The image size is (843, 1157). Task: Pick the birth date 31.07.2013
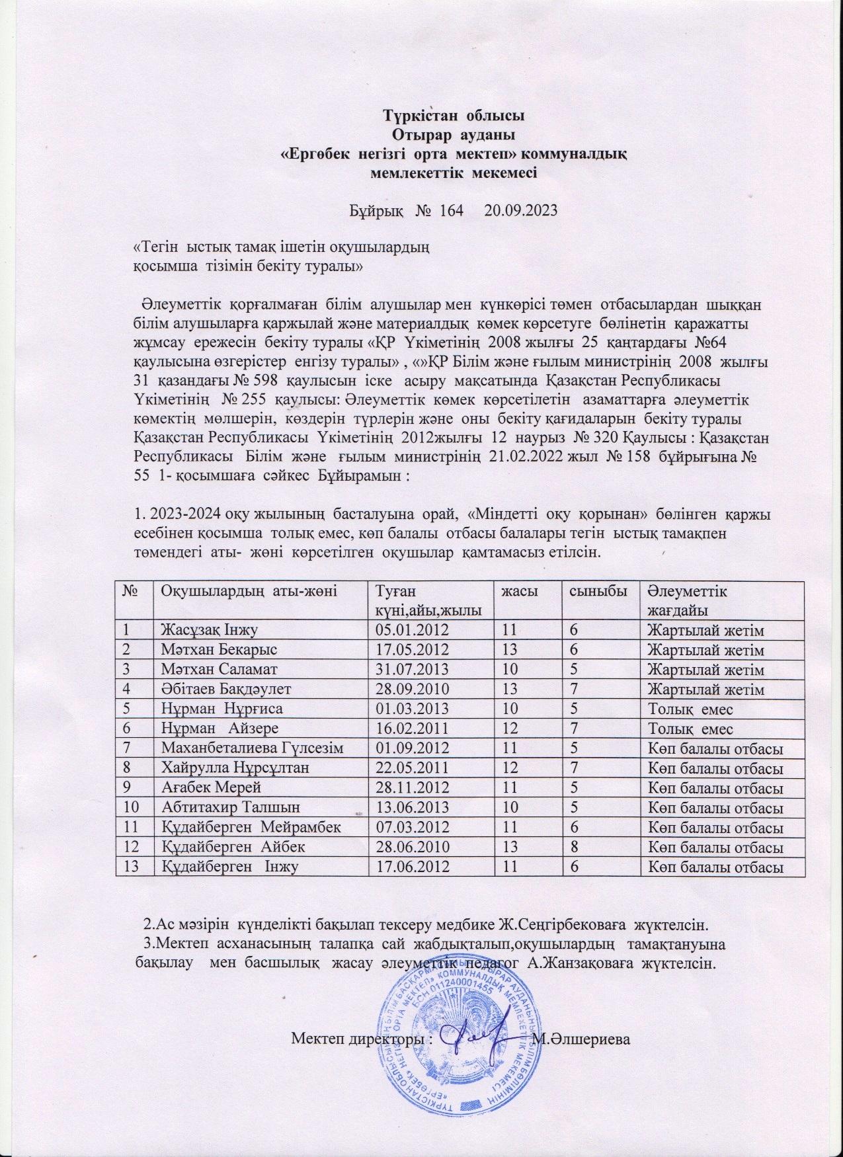coord(413,669)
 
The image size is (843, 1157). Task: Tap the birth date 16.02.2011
coord(413,729)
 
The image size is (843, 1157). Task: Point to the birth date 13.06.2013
coord(413,807)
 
